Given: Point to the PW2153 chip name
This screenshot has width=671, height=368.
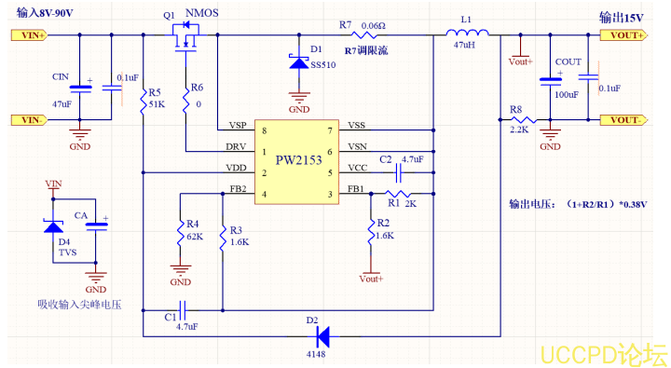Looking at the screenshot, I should point(299,160).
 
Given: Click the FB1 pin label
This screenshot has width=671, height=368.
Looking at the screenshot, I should point(356,189).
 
